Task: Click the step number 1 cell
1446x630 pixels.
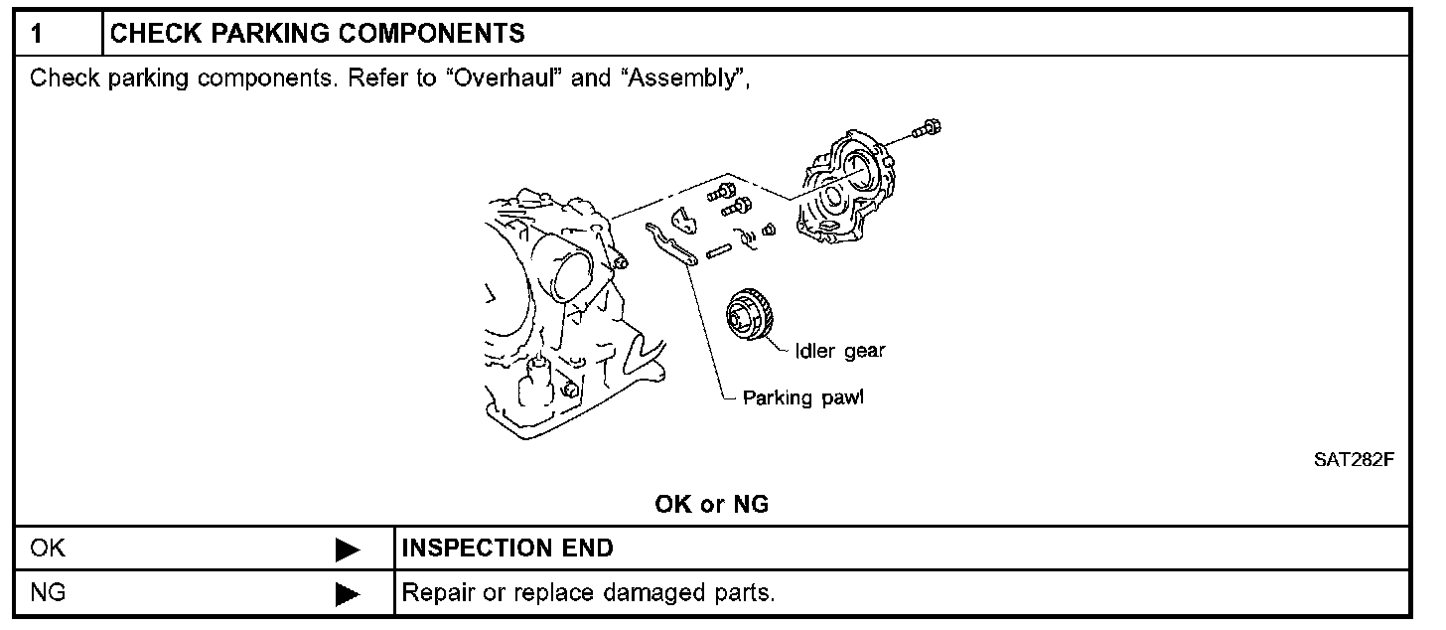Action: click(36, 34)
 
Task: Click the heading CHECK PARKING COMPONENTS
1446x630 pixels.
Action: click(317, 34)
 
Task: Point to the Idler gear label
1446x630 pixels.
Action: click(839, 351)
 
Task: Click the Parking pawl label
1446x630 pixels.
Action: click(803, 398)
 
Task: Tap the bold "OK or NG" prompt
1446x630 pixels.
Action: click(712, 504)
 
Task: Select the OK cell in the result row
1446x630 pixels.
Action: click(48, 548)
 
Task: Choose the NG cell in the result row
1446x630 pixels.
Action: click(48, 594)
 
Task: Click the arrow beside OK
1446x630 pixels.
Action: click(347, 549)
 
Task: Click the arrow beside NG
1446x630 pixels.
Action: click(347, 594)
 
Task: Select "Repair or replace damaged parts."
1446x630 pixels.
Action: click(587, 594)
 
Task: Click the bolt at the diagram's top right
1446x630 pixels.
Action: click(928, 128)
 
